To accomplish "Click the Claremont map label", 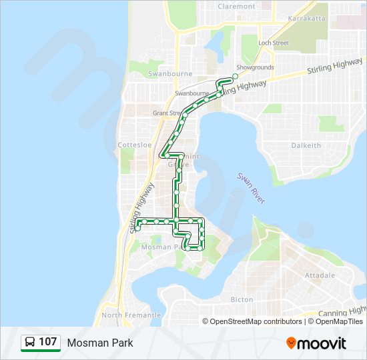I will (236, 7).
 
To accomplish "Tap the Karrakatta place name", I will (307, 19).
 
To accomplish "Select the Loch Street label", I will (274, 43).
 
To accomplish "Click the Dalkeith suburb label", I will (306, 145).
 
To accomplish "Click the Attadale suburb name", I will (320, 275).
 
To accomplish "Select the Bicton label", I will (242, 300).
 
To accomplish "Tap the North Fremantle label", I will (131, 315).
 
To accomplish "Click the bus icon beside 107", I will (30, 343).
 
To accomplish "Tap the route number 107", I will (47, 343).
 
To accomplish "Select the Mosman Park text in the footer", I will (100, 343).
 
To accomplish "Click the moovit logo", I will (316, 343).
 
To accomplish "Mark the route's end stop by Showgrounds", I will (235, 77).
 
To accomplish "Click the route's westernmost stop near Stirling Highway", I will (137, 228).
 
